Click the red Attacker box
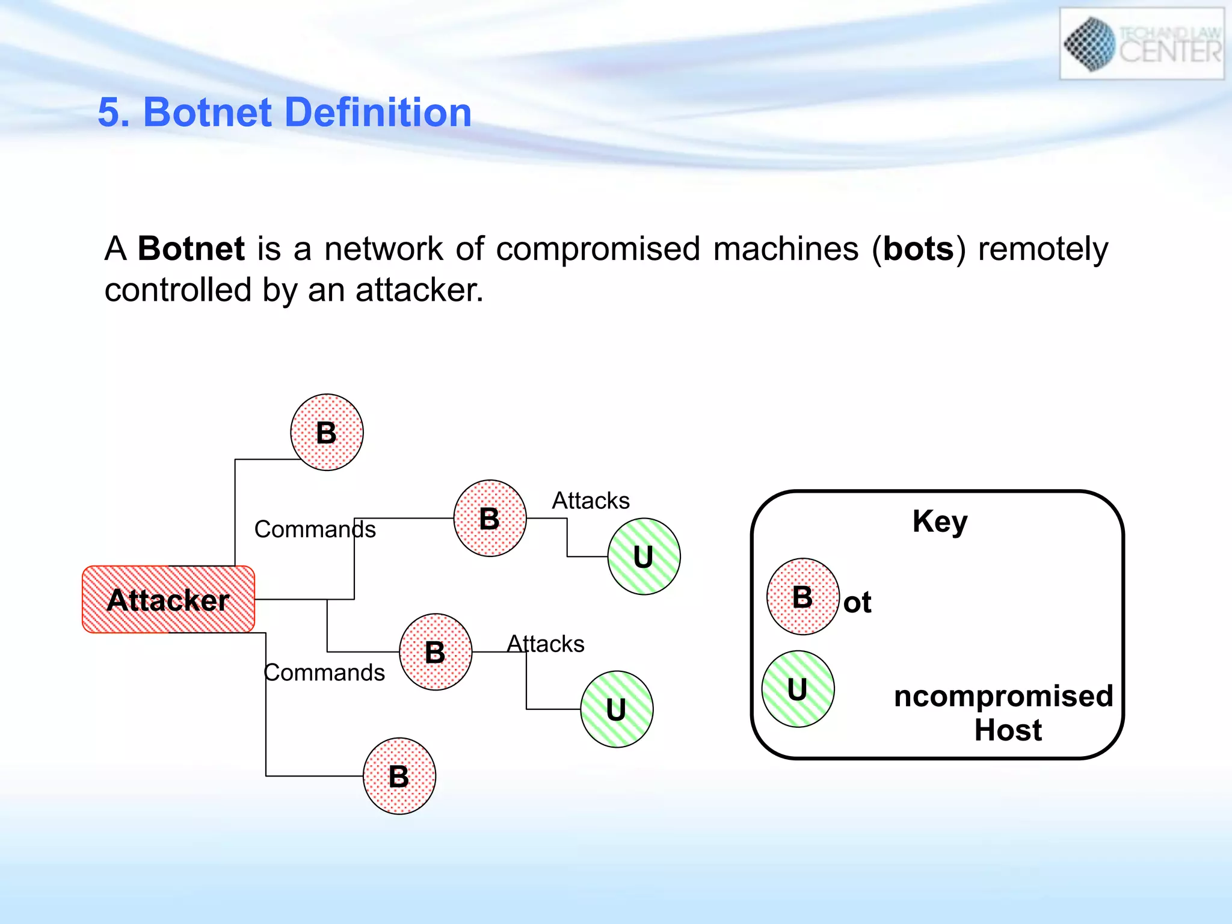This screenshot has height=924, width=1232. coord(168,599)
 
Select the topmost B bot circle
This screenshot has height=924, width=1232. coord(327,432)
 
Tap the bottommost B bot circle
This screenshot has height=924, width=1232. coord(399,776)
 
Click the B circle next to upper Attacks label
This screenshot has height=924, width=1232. coord(490,518)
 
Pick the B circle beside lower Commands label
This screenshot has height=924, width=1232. coord(436,651)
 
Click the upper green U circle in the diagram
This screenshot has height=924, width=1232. coord(644,556)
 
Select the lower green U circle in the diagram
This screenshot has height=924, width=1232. coord(617,709)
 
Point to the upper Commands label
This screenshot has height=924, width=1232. coord(315,529)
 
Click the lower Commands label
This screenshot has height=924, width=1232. coord(324,673)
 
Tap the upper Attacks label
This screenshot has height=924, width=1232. coord(591,500)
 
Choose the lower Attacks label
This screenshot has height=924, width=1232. coord(546,644)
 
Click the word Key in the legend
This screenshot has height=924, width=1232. coord(940,521)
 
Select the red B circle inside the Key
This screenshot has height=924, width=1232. coord(802,597)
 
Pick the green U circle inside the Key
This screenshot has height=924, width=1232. coord(798,689)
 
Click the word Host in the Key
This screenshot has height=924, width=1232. coord(1008,730)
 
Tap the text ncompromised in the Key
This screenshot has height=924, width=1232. coord(1003,696)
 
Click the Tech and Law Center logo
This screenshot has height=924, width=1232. coord(1141,44)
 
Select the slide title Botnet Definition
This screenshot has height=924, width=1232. coord(285,112)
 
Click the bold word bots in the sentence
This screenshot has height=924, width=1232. coord(919,248)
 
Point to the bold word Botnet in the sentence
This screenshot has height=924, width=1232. coord(191,248)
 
